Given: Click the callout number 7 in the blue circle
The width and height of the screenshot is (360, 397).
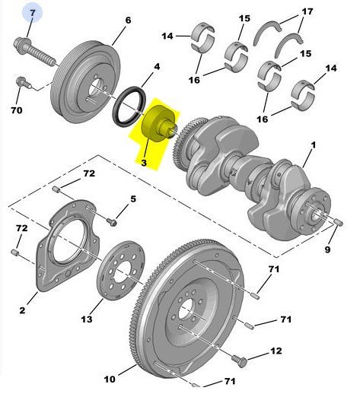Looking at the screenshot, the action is coord(32,13).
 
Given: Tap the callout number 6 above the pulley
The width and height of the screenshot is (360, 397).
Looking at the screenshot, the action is coord(128,20).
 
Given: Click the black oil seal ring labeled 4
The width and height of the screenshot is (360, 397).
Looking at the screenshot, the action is coord(129,107).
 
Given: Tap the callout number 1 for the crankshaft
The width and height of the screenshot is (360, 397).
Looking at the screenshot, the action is coord(314,145).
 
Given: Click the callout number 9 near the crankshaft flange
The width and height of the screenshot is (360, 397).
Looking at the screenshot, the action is coord(328,249).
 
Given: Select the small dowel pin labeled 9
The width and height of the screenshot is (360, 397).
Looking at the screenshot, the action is coord(339,222).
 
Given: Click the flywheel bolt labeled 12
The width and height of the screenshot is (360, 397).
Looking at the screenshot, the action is coord(239,360).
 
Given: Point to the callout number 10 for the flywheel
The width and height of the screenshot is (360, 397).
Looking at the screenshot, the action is coord(110,380).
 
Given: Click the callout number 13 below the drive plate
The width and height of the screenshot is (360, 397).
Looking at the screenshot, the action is coord(87,319).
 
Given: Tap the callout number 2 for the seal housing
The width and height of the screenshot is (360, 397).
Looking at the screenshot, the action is coord(22,310).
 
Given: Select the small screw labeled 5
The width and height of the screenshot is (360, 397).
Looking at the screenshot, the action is coord(112,222).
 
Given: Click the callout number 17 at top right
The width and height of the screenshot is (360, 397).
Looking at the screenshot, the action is coord(307,11).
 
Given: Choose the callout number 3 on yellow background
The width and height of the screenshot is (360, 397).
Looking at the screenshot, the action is coord(144,163).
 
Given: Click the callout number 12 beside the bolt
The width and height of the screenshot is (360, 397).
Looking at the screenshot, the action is coord(276,351).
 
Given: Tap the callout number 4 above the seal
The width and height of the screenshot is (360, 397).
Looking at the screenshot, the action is coord(158,67).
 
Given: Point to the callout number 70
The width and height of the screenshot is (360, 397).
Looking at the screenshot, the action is coord(17,110).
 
